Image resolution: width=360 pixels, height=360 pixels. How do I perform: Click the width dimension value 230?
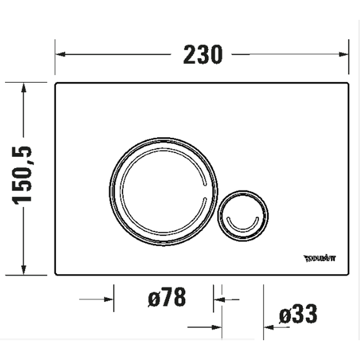point(202,54)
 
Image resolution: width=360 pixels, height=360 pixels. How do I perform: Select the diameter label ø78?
point(167,298)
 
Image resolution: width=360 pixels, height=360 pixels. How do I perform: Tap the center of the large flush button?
point(163,191)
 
